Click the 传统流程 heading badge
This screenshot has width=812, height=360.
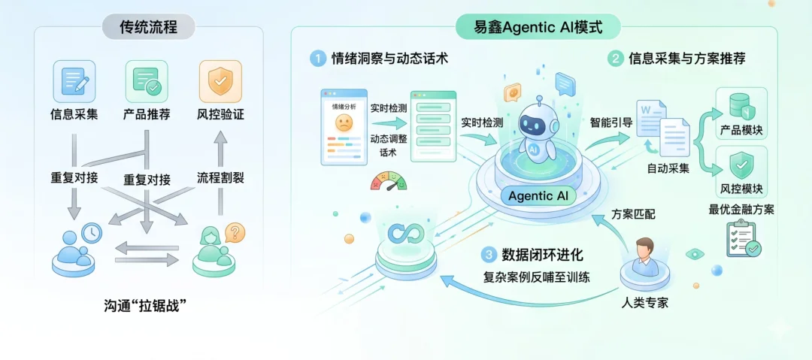click(x=149, y=28)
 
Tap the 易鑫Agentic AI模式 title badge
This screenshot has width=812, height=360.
click(x=538, y=28)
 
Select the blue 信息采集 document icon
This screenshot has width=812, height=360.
click(x=74, y=80)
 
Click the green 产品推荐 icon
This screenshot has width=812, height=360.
click(x=146, y=80)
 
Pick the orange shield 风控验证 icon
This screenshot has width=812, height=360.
click(x=220, y=80)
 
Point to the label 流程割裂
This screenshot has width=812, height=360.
click(x=220, y=179)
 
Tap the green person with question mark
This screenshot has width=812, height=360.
click(x=217, y=243)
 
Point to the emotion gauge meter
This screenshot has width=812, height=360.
click(x=388, y=180)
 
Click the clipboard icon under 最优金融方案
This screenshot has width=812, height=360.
click(x=741, y=241)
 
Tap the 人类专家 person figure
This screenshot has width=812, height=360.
click(x=645, y=256)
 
